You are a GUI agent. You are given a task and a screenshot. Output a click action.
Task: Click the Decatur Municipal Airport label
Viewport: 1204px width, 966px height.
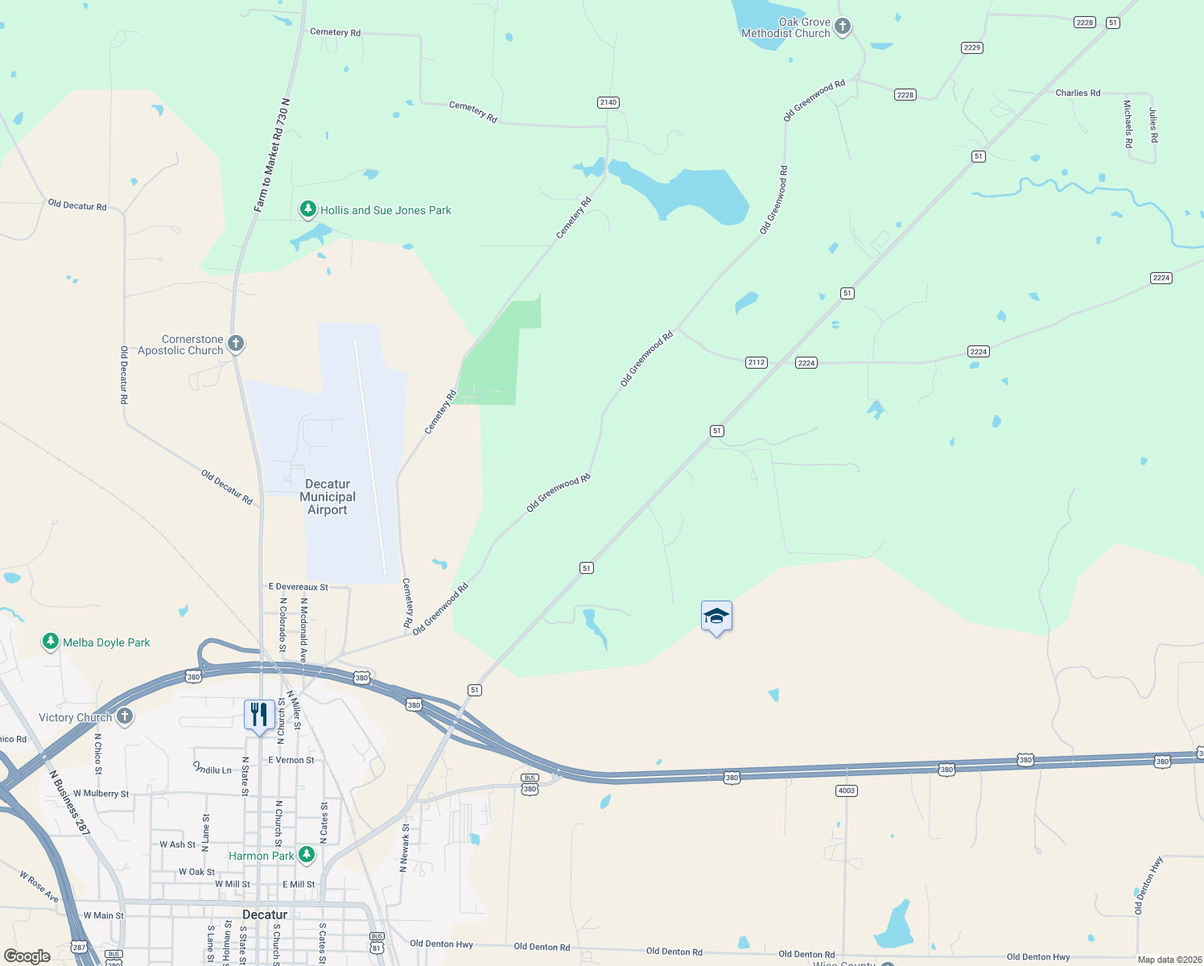tap(328, 497)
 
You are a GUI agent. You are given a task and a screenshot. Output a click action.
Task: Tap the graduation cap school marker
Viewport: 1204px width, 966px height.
tap(716, 617)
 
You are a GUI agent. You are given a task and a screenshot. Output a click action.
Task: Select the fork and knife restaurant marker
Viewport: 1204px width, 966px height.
tap(258, 715)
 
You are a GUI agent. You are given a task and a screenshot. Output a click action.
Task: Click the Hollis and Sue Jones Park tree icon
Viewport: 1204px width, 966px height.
tap(307, 209)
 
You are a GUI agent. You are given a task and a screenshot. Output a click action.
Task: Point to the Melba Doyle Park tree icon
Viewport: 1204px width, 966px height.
tap(51, 642)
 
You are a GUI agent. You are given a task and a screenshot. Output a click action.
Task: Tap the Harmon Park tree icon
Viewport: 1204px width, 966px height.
tap(307, 854)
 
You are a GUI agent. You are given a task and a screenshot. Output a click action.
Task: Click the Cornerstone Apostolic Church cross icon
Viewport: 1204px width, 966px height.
tap(236, 344)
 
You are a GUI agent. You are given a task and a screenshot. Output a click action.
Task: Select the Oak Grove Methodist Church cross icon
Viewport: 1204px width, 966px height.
tap(843, 27)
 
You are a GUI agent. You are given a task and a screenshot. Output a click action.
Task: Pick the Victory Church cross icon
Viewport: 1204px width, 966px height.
tap(124, 716)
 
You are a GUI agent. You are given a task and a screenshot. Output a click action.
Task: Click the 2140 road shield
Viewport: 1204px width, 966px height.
tap(608, 102)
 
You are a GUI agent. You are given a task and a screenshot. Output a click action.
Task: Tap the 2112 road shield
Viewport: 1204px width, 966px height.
tap(756, 362)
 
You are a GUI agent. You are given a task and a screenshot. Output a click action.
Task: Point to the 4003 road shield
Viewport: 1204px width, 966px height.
tap(846, 791)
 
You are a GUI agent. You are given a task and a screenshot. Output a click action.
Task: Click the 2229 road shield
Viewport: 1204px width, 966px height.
tap(972, 47)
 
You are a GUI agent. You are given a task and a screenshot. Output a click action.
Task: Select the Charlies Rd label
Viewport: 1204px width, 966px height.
tap(1078, 93)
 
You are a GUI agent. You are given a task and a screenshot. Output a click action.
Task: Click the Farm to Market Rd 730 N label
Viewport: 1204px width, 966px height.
tap(271, 155)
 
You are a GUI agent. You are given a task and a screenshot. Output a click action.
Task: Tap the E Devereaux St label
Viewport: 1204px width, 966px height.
tap(298, 587)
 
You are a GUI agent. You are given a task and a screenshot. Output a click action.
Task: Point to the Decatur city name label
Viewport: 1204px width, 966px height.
tap(265, 914)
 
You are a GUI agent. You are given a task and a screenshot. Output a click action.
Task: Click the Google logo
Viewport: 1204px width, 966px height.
tap(27, 956)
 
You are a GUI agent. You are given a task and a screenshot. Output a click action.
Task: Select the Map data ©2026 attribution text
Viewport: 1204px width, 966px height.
tap(1169, 960)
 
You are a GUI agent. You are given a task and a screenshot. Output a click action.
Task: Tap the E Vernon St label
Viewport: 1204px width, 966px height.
tap(291, 760)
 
